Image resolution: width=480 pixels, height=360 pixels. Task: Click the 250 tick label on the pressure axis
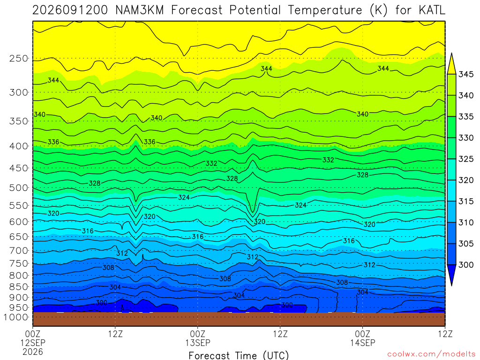(x=19, y=59)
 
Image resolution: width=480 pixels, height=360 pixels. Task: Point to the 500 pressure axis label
(x=19, y=187)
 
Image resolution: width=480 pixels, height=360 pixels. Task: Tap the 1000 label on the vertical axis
(x=16, y=317)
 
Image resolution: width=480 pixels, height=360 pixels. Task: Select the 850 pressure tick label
(x=19, y=287)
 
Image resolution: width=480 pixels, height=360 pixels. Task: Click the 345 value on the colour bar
(x=466, y=75)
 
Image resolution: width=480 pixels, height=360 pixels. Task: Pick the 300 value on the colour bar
(x=466, y=265)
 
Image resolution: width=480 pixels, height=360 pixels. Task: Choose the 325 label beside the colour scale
(x=466, y=159)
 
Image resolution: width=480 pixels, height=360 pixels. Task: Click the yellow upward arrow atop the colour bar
(x=451, y=63)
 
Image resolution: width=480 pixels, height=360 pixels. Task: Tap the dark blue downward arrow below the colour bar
(x=451, y=275)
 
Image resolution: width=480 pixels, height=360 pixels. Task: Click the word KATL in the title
(x=432, y=10)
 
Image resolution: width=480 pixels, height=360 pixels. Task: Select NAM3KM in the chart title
(x=140, y=10)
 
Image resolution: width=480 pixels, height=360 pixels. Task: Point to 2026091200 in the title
(x=70, y=10)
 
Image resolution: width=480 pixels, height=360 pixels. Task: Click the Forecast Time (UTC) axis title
(x=239, y=355)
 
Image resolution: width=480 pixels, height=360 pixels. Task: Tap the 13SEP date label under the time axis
(x=198, y=343)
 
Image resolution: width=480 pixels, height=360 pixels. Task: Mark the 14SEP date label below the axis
(x=363, y=343)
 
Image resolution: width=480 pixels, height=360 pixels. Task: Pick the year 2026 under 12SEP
(x=33, y=352)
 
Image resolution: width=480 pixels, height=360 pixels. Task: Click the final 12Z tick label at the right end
(x=445, y=334)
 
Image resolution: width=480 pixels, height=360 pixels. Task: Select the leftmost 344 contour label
(x=53, y=80)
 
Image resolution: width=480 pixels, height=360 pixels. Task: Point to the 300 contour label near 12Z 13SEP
(x=287, y=305)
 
